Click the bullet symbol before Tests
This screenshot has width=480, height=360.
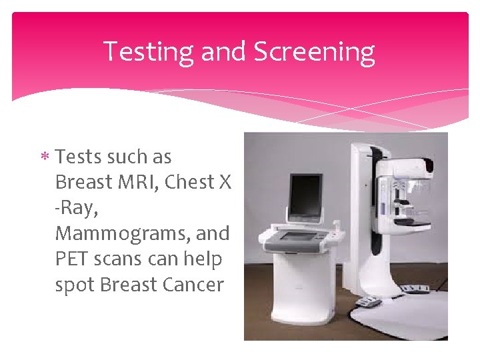click(46, 158)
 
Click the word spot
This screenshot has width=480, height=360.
click(75, 285)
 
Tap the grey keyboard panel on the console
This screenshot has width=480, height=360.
click(297, 236)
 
